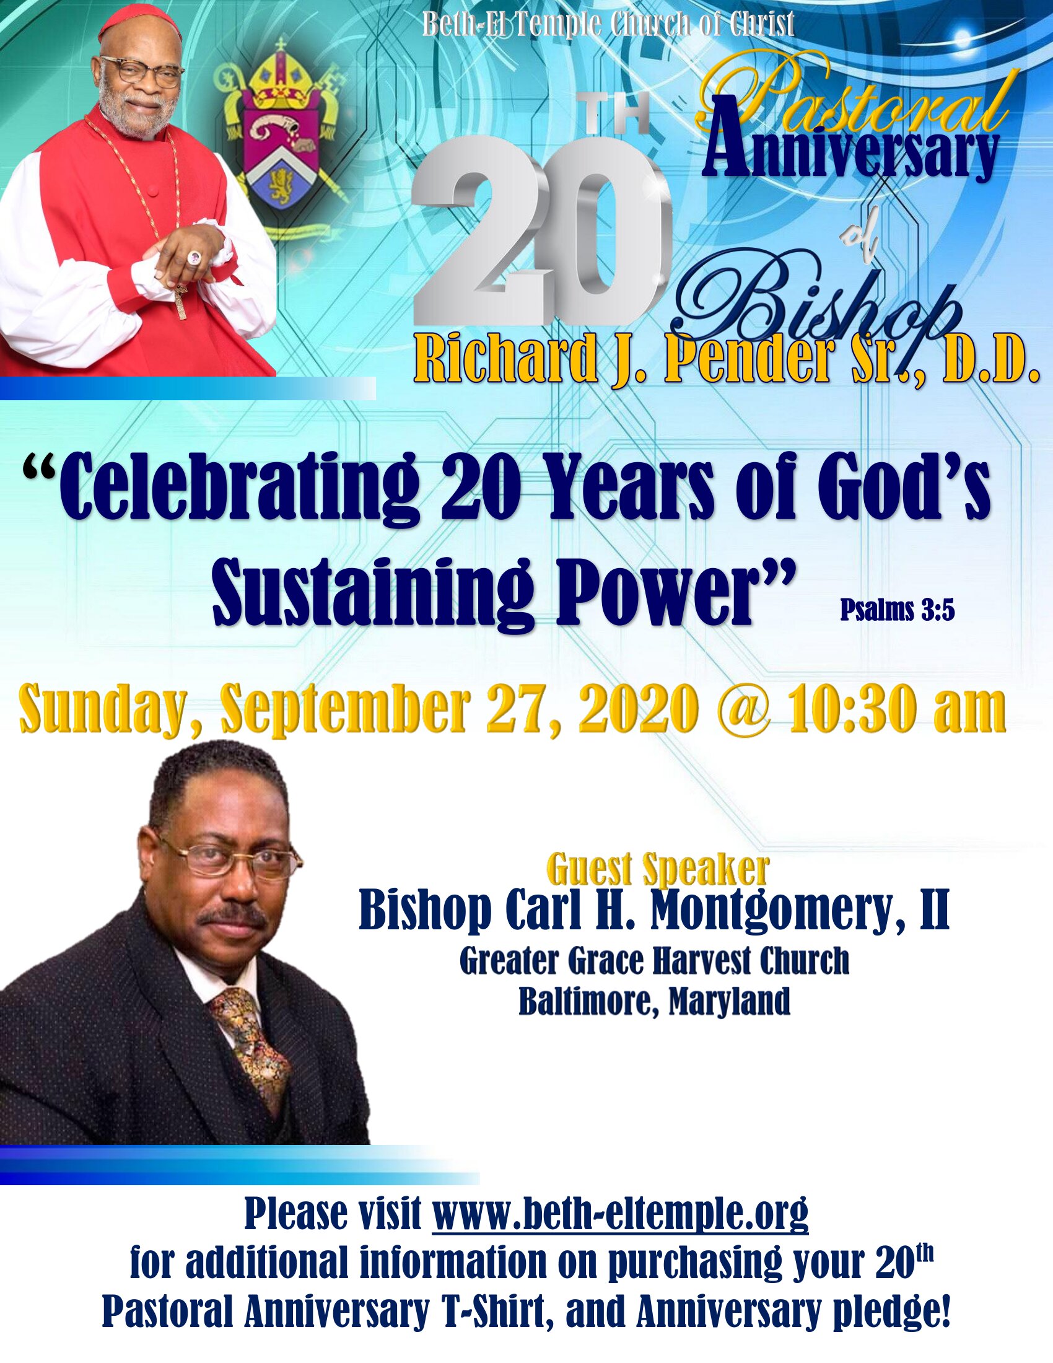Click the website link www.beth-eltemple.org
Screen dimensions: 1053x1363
(620, 1214)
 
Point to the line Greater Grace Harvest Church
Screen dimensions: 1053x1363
(654, 962)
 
